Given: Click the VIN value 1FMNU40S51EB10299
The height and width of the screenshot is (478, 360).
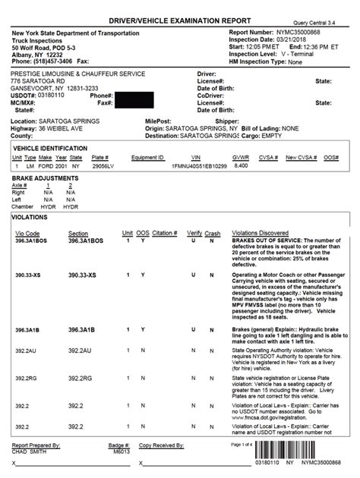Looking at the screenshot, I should [199, 164].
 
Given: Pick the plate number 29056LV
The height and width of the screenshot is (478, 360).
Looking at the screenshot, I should [101, 164].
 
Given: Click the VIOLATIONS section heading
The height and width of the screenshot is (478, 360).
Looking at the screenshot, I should [30, 216].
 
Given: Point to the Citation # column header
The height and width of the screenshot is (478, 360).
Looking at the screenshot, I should [164, 233].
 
